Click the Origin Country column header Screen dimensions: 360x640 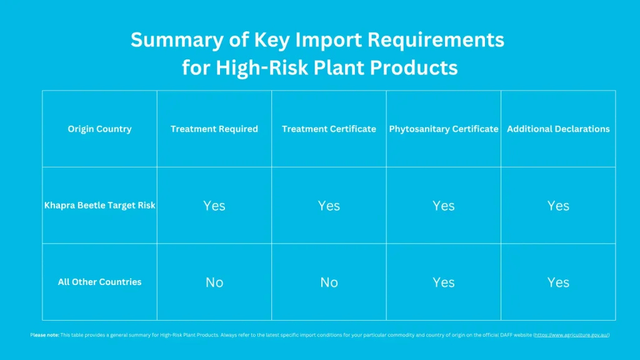99,129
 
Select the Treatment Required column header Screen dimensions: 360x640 214,129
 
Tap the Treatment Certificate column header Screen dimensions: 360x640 329,129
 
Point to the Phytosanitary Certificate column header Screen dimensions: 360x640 444,129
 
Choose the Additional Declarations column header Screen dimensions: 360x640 558,129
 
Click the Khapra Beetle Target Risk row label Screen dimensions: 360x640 99,205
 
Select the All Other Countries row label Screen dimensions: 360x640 99,282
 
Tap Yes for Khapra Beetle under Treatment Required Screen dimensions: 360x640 214,206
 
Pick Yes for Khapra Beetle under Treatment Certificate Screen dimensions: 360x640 329,206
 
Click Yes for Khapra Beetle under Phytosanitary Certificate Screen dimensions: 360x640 444,206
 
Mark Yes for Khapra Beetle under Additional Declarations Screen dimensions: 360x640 558,206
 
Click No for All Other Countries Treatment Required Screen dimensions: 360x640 214,282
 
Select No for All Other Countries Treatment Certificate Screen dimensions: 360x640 329,282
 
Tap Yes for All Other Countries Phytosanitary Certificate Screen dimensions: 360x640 444,282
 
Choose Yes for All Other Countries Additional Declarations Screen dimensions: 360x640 558,282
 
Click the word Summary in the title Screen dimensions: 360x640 170,40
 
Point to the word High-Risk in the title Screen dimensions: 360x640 257,67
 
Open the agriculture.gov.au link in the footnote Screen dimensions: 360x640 571,335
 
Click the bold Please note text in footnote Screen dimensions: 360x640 44,335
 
